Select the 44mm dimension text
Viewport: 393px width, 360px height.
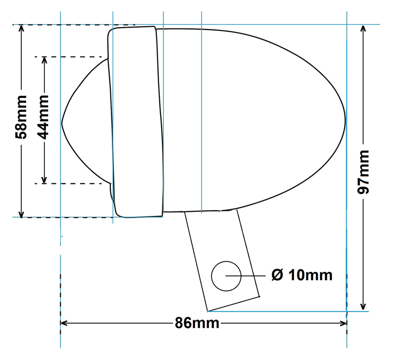click(44, 117)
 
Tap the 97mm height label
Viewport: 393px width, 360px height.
click(363, 171)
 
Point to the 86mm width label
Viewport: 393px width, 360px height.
click(197, 323)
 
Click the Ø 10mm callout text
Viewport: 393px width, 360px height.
click(302, 275)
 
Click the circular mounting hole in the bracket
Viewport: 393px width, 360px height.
click(226, 276)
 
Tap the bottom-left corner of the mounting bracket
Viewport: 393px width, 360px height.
click(208, 311)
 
